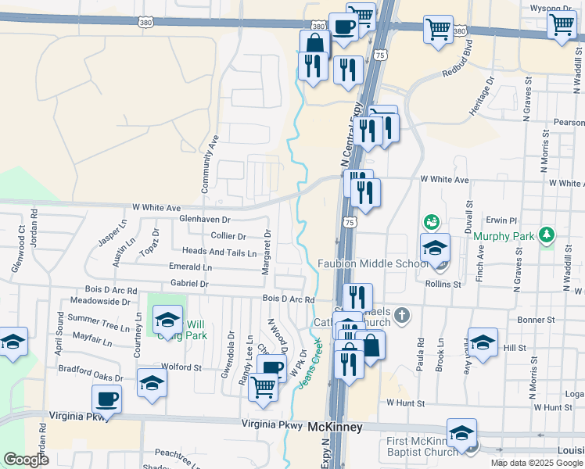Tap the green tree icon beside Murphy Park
(x=548, y=234)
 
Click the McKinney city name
(x=334, y=428)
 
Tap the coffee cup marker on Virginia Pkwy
(x=107, y=399)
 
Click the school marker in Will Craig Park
(x=167, y=319)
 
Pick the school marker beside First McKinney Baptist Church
(x=462, y=432)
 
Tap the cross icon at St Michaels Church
(x=401, y=316)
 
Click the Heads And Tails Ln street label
(x=219, y=253)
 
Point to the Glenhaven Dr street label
(x=205, y=220)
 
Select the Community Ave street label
(x=208, y=163)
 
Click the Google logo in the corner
(x=26, y=460)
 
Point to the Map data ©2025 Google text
(x=537, y=463)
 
